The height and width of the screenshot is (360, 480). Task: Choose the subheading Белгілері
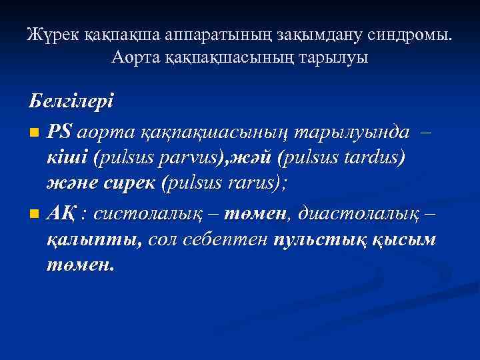71,102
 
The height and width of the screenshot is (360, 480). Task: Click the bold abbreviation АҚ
61,213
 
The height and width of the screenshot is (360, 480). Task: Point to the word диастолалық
359,213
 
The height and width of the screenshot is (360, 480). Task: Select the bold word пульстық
315,239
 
